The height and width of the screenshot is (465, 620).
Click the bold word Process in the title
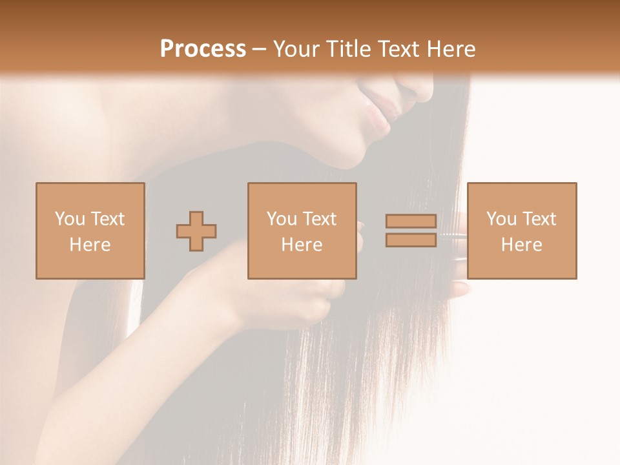203,49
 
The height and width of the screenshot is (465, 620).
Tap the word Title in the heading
350,49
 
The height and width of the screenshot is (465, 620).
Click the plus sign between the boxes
196,231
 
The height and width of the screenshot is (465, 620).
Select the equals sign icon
411,231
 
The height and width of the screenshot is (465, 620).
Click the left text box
90,231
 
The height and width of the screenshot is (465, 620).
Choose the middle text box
302,231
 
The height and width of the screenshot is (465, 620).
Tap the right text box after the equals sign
521,231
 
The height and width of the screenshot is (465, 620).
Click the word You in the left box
69,219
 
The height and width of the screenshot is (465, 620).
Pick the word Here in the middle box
302,245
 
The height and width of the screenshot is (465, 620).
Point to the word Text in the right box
539,219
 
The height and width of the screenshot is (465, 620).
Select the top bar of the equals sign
411,221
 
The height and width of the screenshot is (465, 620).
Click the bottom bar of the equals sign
411,240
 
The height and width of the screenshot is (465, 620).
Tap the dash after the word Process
260,49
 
